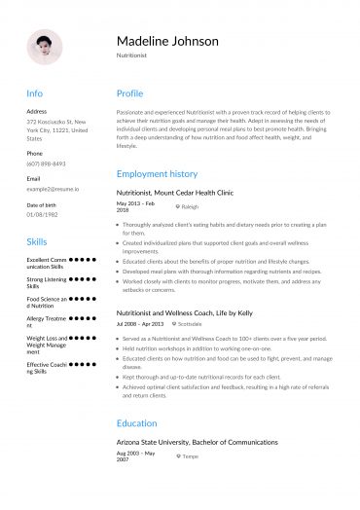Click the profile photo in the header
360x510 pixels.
[45, 46]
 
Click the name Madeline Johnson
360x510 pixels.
[167, 42]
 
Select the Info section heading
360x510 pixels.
[34, 93]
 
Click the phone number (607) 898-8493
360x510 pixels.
[46, 164]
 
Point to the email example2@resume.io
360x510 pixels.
[53, 190]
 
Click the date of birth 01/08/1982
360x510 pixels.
[44, 214]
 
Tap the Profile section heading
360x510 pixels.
[129, 93]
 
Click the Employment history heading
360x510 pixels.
[157, 173]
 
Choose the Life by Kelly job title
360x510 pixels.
[185, 313]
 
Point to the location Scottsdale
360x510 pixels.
[194, 324]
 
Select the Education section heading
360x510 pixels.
[136, 423]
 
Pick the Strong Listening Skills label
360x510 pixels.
[46, 283]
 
